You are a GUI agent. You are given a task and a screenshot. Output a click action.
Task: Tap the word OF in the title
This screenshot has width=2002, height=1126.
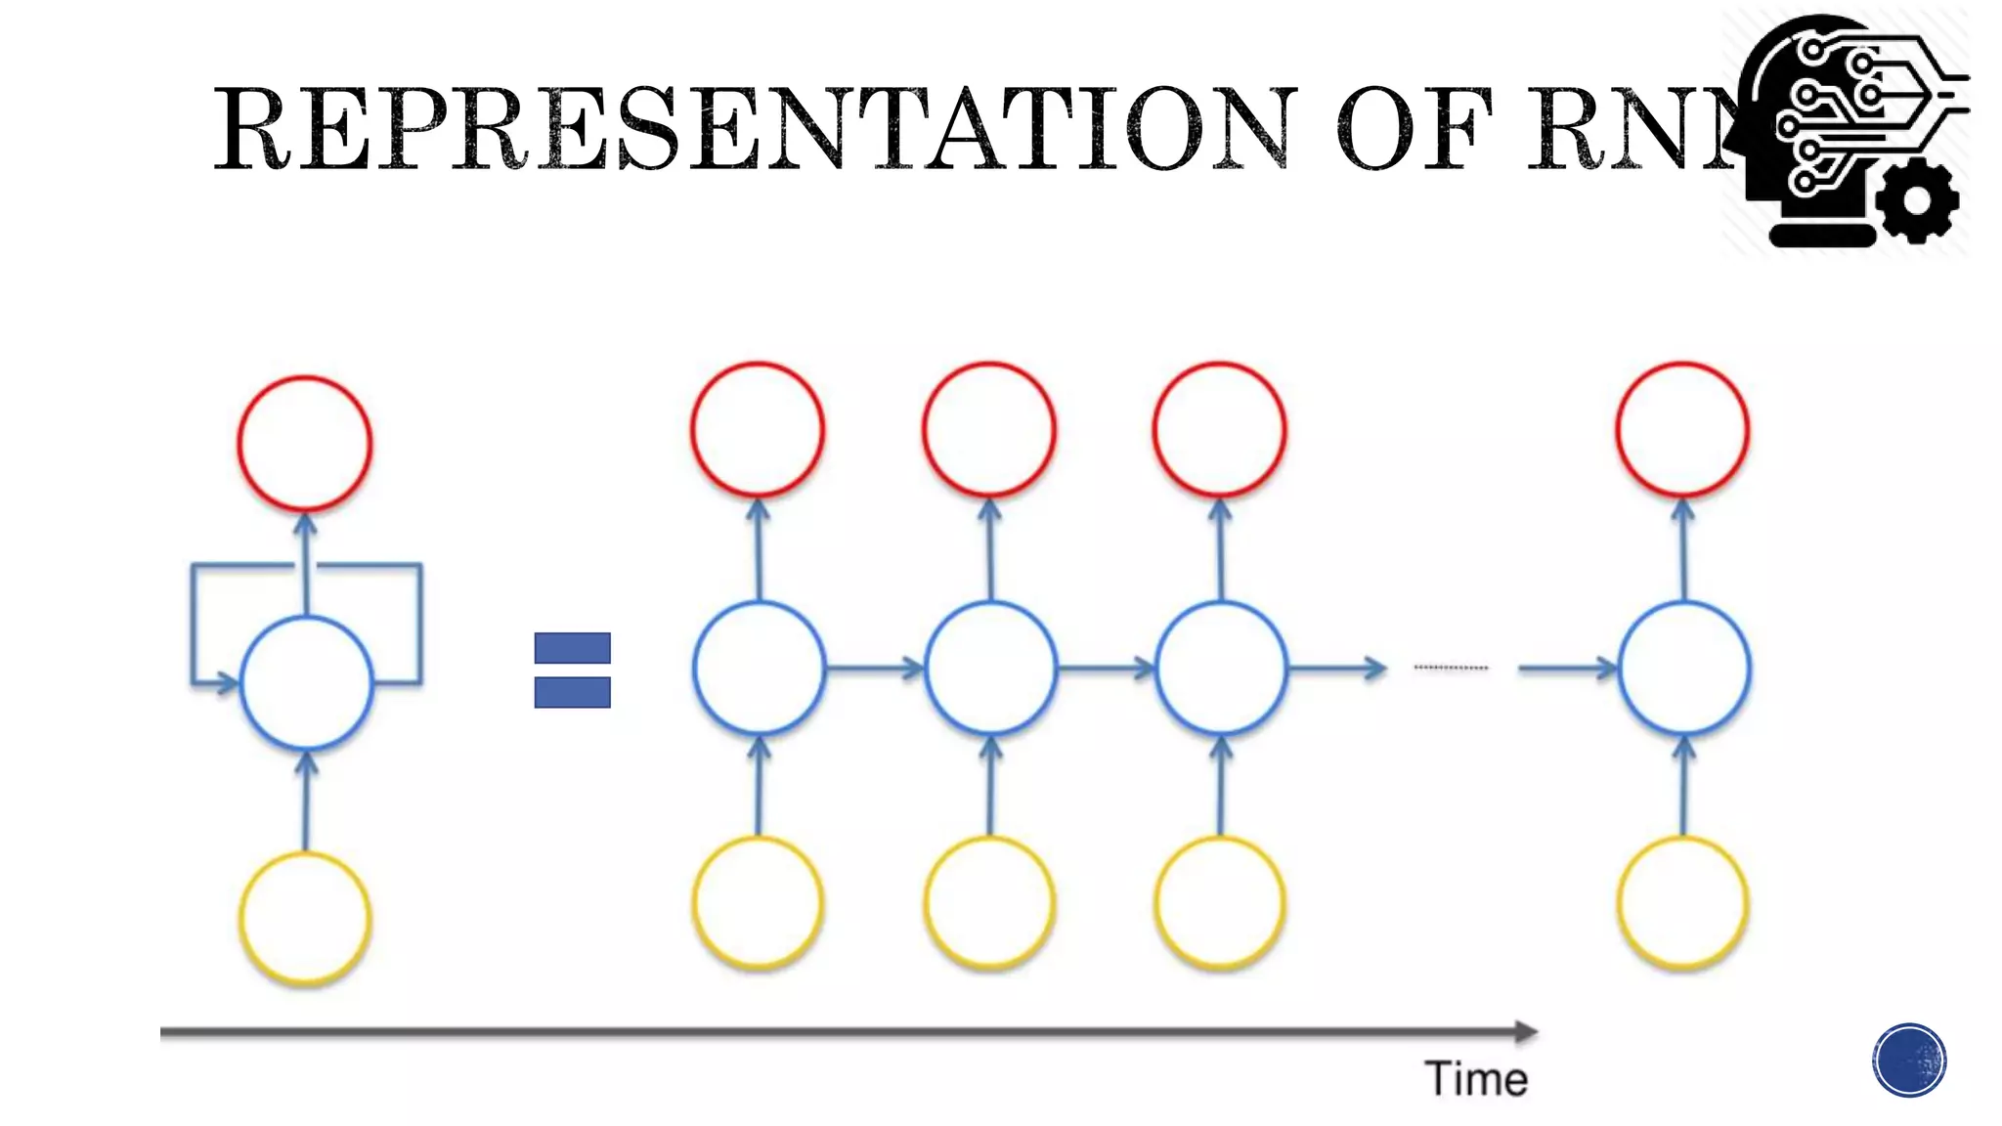tap(1414, 129)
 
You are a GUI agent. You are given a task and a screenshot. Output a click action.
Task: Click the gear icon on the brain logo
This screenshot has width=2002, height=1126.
tap(1917, 200)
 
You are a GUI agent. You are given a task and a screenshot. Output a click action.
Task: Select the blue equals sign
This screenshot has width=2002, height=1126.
tap(572, 670)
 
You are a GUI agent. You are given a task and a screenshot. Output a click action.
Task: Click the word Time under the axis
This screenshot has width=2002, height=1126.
tap(1476, 1079)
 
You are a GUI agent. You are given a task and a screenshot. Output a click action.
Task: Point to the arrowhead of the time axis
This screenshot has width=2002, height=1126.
tap(1526, 1031)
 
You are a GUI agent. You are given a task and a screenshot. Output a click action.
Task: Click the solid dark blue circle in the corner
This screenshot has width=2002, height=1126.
tap(1909, 1061)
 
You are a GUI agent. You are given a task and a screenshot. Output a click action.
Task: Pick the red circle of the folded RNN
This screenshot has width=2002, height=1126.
tap(305, 444)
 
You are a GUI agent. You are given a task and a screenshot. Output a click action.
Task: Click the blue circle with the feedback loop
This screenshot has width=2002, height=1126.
tap(306, 682)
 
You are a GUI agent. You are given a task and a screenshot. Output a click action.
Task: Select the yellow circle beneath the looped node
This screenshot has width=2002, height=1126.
tap(305, 918)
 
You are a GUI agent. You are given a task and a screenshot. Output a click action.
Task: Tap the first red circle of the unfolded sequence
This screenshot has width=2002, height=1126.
tap(758, 429)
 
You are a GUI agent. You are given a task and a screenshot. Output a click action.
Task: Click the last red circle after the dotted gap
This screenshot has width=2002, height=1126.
tap(1682, 429)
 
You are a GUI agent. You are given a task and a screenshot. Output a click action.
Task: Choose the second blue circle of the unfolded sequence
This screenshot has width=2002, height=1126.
tap(990, 669)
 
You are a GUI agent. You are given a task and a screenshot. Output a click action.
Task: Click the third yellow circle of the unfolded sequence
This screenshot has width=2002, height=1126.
tap(1220, 902)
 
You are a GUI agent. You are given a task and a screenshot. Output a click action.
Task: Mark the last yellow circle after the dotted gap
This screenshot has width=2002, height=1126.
tap(1682, 902)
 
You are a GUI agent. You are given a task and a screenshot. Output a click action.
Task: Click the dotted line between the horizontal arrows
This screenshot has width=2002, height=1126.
tap(1451, 668)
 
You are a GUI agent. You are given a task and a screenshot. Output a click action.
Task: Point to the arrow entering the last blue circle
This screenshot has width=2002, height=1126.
tap(1567, 669)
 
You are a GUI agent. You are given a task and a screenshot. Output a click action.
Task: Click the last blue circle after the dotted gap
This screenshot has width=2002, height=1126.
tap(1683, 669)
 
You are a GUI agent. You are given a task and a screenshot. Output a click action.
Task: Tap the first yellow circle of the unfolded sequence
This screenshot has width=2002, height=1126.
tap(758, 902)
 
